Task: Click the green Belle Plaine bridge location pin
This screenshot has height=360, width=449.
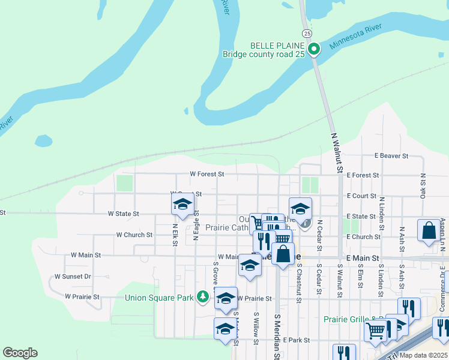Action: point(313,49)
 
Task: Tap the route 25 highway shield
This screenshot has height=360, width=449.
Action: point(307,33)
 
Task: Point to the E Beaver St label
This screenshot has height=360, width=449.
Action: point(391,156)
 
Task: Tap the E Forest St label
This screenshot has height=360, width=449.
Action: point(363,175)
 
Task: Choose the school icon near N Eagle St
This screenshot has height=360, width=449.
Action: point(182,205)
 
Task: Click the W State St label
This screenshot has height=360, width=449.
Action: point(123,214)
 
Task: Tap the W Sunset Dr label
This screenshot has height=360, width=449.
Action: point(73,277)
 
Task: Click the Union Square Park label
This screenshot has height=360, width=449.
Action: point(159,297)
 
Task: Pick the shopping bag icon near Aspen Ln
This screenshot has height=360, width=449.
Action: point(429,232)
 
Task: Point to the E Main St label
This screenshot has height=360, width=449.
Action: point(363,258)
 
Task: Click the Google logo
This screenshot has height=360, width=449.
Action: point(20,353)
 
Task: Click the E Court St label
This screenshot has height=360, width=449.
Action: point(361,196)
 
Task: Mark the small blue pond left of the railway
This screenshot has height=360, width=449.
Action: point(43,141)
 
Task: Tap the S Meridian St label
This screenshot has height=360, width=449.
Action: point(277,336)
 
